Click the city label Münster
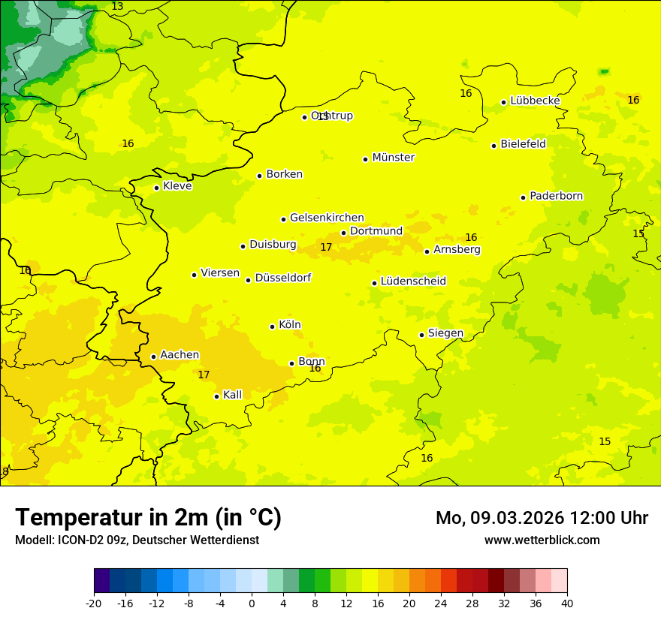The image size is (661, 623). (393, 158)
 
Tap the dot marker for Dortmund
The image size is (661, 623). (343, 233)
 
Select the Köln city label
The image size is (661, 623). (289, 325)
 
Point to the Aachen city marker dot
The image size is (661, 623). (153, 357)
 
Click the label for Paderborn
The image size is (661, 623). (556, 196)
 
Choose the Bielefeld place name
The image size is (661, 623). (523, 144)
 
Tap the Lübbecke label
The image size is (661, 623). (535, 101)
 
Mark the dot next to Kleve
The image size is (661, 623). (156, 188)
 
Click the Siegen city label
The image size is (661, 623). (445, 333)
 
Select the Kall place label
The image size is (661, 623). (232, 395)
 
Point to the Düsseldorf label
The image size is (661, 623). (282, 278)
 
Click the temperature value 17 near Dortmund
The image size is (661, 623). (326, 247)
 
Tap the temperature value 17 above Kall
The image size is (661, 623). (204, 375)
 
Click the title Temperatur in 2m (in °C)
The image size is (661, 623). (148, 517)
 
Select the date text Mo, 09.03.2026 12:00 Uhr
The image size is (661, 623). (542, 518)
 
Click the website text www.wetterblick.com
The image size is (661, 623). (542, 540)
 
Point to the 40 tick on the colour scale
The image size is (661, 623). (567, 603)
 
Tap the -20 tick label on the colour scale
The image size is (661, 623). (94, 603)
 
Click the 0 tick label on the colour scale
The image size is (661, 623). (252, 603)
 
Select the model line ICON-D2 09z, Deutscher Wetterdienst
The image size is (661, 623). (137, 540)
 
